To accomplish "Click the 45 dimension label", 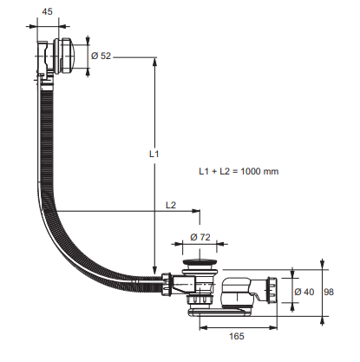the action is point(48,11).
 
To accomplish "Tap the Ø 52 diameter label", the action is point(101,56).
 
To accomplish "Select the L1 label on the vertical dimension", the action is point(154,154).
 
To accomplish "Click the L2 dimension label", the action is point(171,205).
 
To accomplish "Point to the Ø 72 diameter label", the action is point(200,237).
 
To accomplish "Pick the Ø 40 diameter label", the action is point(304,292).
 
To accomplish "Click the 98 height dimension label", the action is point(329,292).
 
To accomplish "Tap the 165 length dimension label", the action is point(237,336).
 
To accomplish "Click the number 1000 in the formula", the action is point(251,171).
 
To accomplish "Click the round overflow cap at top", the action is point(64,56).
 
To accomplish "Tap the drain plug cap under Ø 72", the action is point(200,262).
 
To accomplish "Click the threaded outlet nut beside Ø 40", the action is point(272,290).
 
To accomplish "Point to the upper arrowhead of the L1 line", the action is point(155,63).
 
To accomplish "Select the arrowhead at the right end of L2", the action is point(195,211).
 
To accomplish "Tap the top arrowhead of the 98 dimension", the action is point(322,264).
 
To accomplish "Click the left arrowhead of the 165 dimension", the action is point(204,327).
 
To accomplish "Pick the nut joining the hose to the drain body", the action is point(167,284).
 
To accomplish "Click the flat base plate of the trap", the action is point(219,312).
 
